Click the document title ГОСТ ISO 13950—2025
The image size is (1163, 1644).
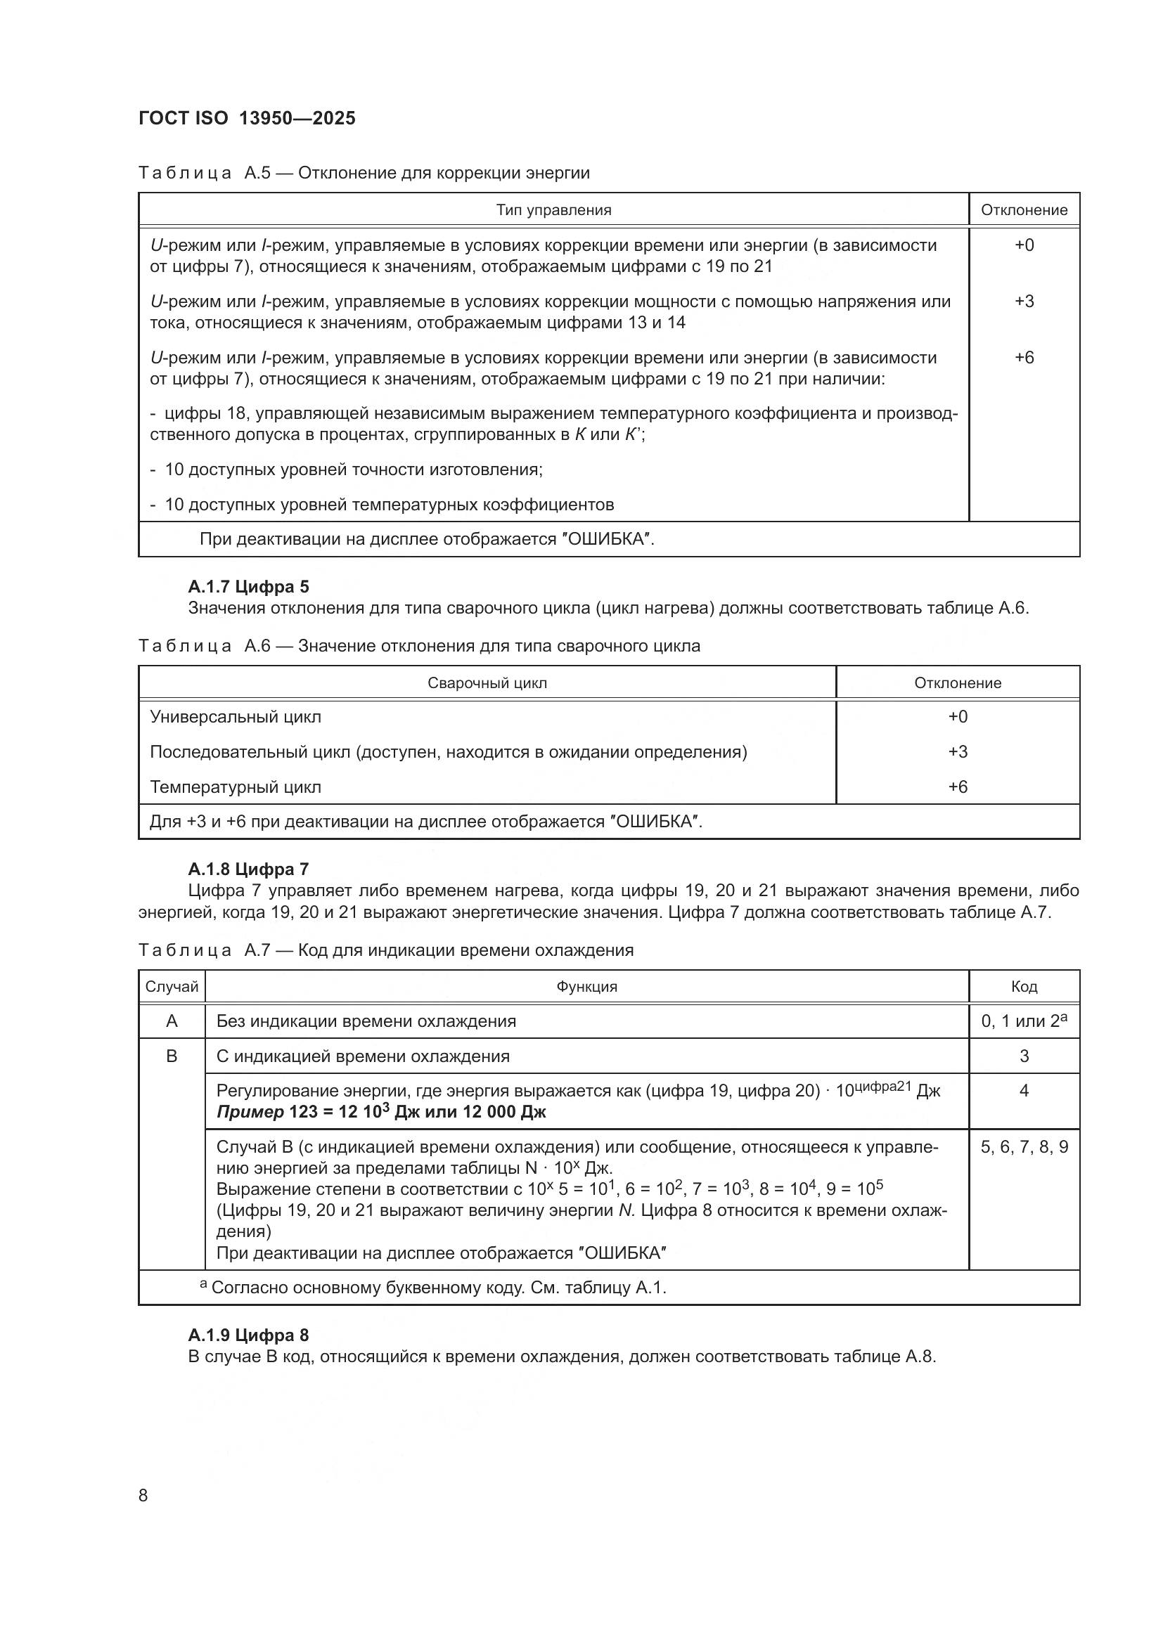coord(246,118)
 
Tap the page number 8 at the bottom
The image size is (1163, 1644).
coord(143,1495)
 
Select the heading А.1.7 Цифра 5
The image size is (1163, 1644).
coord(248,586)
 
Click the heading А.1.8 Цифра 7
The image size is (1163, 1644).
coord(248,869)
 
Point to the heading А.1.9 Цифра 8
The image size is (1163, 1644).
coord(248,1335)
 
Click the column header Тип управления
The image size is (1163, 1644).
coord(553,209)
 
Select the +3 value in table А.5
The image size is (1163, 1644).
coord(1023,301)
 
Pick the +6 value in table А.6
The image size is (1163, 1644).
coord(958,787)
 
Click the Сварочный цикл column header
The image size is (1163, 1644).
coord(487,682)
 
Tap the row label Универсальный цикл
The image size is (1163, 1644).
coord(235,717)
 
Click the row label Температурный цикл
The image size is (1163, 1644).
coord(235,787)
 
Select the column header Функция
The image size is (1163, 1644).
coord(586,987)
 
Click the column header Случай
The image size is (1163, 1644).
coord(172,987)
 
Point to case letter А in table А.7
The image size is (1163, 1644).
coord(172,1021)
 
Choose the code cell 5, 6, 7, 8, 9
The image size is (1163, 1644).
coord(1023,1147)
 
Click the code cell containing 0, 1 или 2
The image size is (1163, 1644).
coord(1023,1021)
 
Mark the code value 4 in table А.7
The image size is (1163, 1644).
coord(1023,1091)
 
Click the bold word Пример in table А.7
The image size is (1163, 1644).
coord(250,1112)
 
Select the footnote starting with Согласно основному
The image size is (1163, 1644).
coord(437,1288)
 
